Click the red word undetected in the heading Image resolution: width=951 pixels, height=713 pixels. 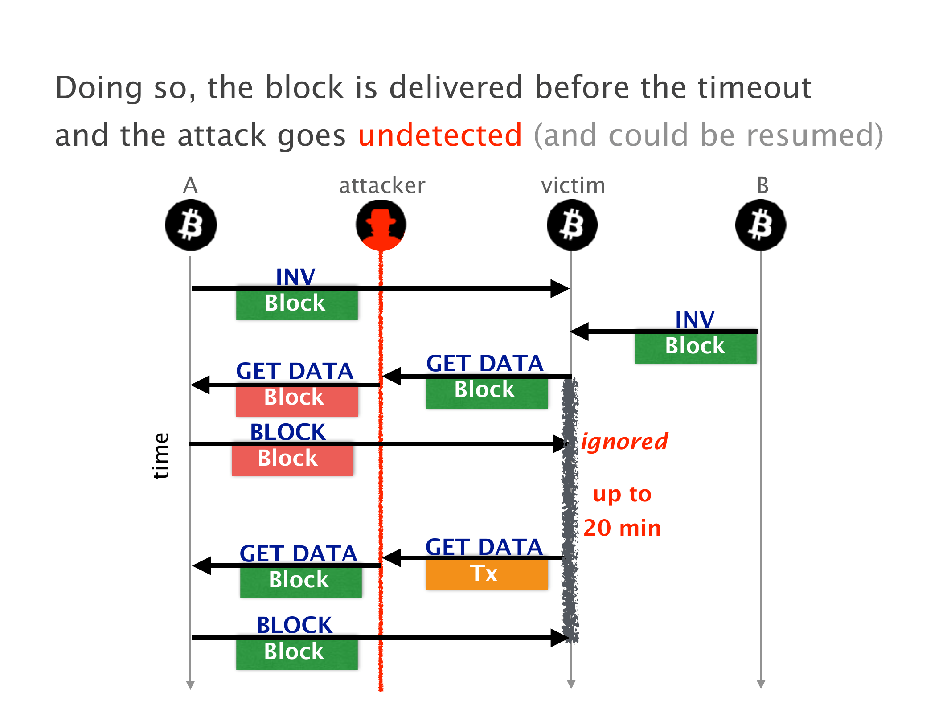(x=439, y=135)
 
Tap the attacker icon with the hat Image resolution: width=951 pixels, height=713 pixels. (x=381, y=225)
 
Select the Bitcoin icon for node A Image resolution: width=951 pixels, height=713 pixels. (x=191, y=225)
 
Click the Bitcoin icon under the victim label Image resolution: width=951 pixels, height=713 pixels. (x=572, y=225)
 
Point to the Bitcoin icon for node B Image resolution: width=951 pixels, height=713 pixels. (x=761, y=225)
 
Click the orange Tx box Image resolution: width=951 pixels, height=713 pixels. (x=487, y=574)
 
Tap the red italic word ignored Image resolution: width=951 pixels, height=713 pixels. (x=624, y=442)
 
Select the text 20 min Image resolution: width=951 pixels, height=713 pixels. (x=622, y=528)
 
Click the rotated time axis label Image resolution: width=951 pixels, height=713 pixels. (x=161, y=455)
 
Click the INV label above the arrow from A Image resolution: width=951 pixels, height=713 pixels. (x=295, y=276)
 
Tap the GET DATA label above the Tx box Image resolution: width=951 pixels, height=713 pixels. (x=484, y=547)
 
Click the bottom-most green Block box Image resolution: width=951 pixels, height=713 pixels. (x=296, y=653)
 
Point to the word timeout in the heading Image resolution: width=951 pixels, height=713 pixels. (x=754, y=87)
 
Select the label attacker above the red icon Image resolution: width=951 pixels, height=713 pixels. (x=382, y=185)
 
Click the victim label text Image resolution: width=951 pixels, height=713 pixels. (x=573, y=185)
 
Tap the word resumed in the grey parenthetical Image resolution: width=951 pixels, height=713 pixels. (x=809, y=135)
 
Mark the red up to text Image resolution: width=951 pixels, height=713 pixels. (x=622, y=494)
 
